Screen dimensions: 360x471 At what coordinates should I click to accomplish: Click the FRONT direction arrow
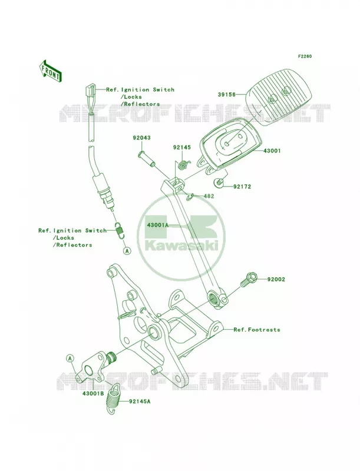coord(50,71)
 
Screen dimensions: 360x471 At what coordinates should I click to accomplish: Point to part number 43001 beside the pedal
coord(272,151)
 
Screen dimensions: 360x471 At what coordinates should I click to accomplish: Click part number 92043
coord(141,138)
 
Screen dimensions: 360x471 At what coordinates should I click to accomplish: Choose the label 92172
coord(242,187)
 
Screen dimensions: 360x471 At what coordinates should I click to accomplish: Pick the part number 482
coord(209,196)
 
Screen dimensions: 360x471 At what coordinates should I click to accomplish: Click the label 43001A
coord(158,225)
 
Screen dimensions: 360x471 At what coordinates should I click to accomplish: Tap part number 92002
coord(276,279)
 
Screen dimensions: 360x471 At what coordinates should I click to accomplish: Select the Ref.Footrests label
coord(257,330)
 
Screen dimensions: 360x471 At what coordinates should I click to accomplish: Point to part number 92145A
coord(140,401)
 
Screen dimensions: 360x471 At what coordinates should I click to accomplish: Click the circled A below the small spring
coord(127,251)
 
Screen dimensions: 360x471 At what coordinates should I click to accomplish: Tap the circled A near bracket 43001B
coord(70,358)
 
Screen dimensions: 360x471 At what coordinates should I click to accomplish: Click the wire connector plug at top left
coord(90,91)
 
